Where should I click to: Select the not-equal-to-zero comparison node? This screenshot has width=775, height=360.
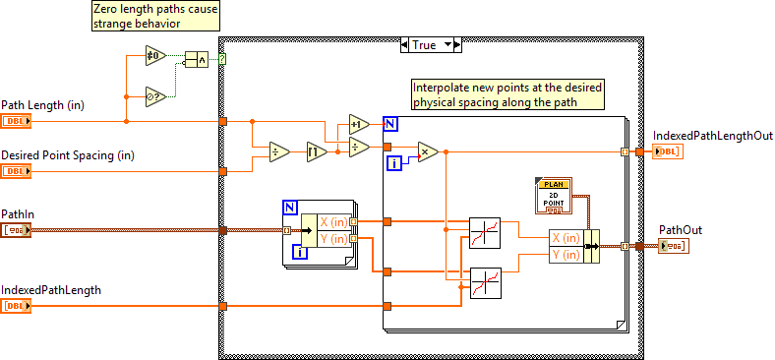(x=155, y=54)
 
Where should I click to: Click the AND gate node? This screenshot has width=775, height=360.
(x=197, y=61)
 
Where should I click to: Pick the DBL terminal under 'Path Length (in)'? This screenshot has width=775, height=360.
(x=17, y=121)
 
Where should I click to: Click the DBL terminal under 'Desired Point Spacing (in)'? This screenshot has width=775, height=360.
(x=17, y=171)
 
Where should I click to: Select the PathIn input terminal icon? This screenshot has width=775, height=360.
(x=17, y=229)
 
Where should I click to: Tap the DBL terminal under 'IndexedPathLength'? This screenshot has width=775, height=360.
(x=17, y=307)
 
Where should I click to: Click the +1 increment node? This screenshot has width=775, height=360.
(x=358, y=124)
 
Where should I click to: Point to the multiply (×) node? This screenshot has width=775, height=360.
(x=427, y=151)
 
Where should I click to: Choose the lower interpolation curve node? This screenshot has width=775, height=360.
(x=486, y=282)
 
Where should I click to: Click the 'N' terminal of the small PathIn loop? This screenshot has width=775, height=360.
(x=289, y=207)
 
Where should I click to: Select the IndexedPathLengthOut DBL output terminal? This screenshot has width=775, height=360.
(x=666, y=150)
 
